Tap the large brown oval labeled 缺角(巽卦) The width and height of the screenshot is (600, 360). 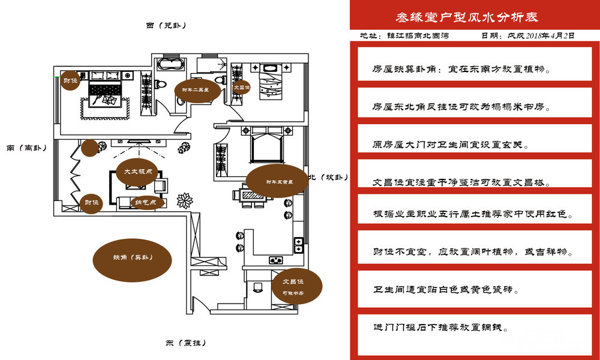click(133, 257)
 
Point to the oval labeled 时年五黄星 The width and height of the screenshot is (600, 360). click(277, 181)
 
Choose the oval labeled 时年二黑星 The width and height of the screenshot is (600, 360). click(196, 91)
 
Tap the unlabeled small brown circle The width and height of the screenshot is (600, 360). click(90, 148)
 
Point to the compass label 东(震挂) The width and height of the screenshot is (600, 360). click(186, 343)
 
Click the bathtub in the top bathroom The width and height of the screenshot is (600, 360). click(170, 65)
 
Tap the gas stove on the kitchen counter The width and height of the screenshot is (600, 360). click(276, 260)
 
